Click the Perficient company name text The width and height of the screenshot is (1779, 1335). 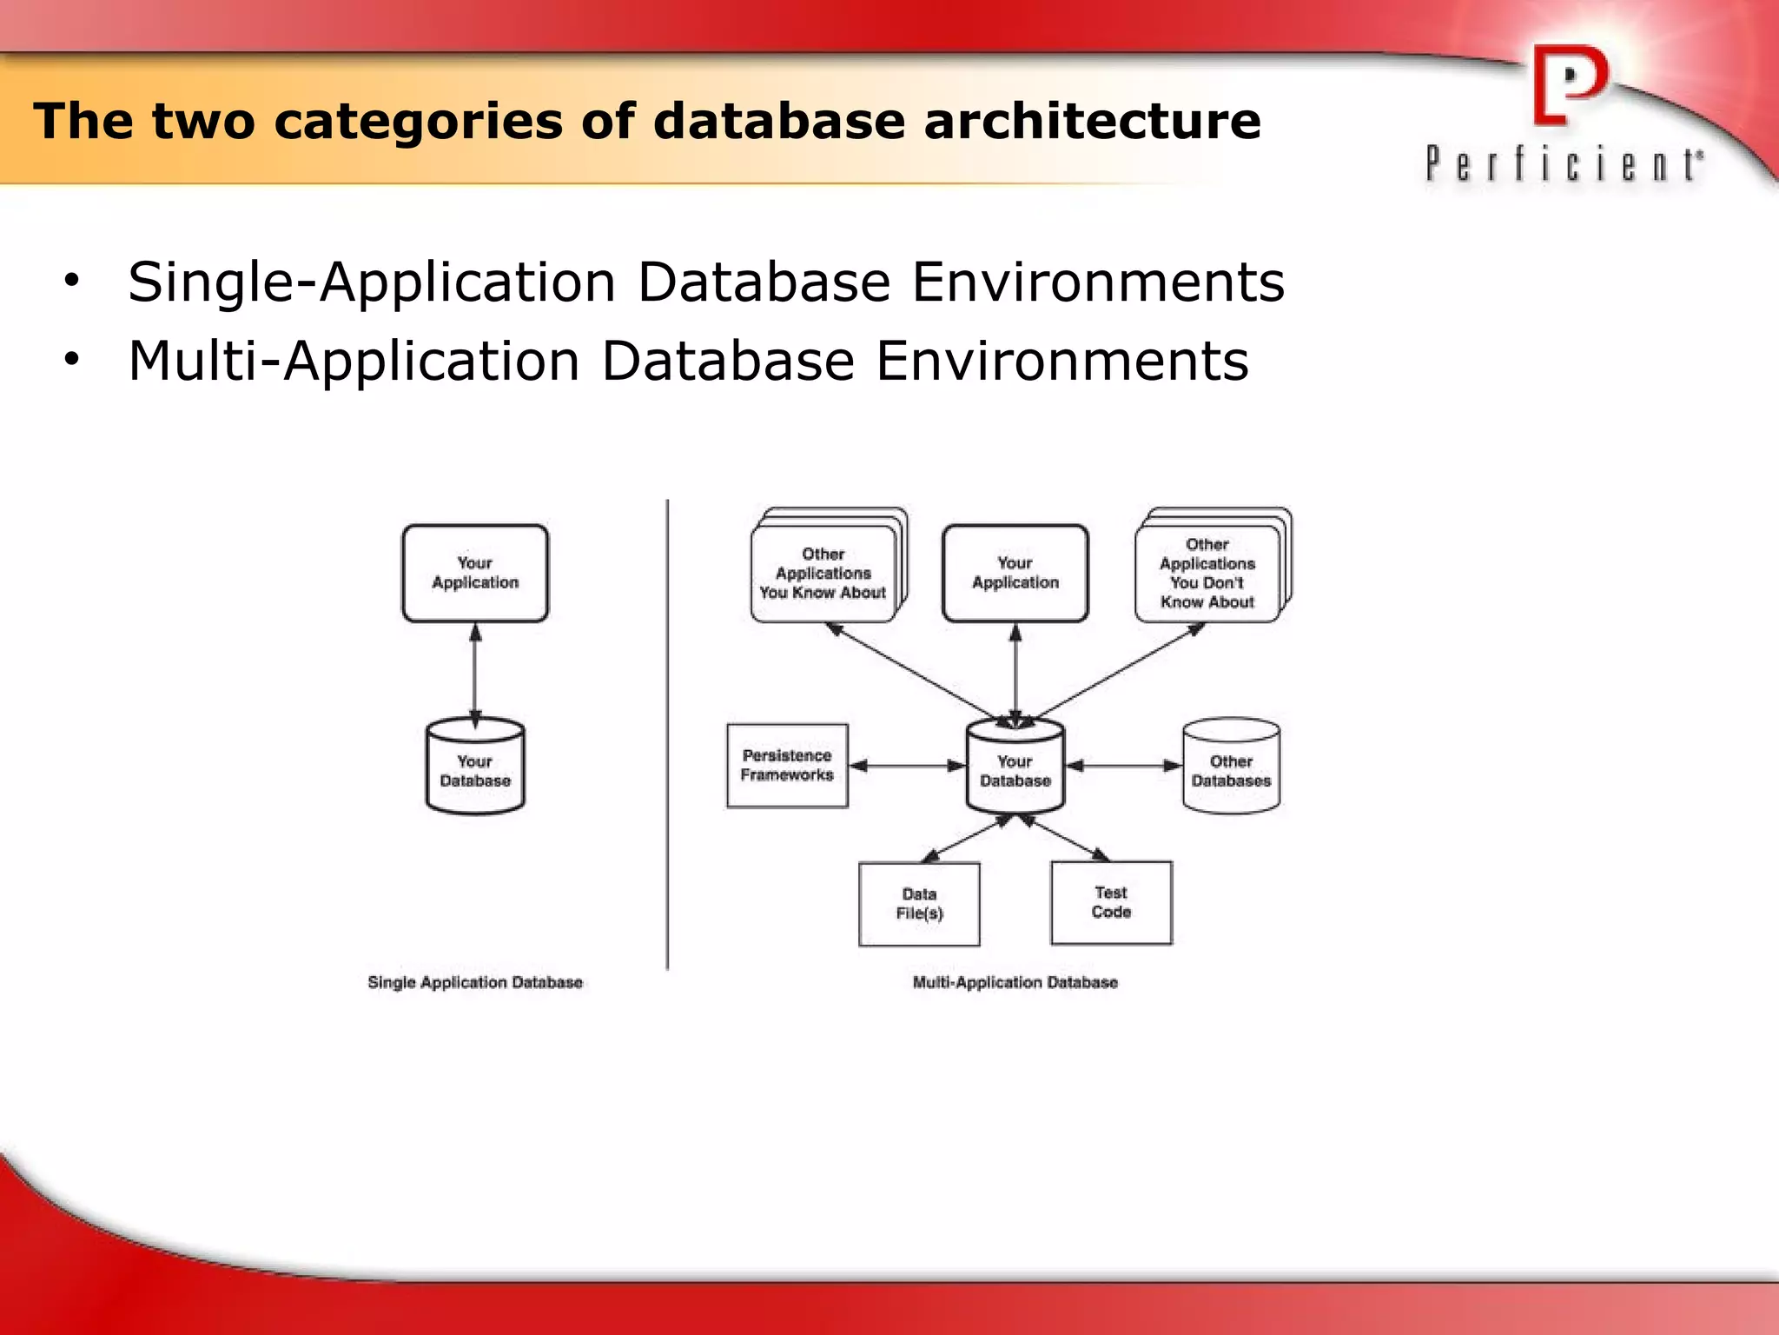click(x=1564, y=164)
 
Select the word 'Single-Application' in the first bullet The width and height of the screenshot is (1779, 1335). click(x=372, y=282)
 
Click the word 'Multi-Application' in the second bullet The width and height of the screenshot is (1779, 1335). click(x=354, y=361)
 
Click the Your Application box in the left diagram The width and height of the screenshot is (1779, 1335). click(x=475, y=573)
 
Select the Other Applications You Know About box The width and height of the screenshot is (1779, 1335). click(x=823, y=574)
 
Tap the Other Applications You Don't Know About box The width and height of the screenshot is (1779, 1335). click(x=1207, y=574)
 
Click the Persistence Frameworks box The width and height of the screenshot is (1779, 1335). click(x=787, y=766)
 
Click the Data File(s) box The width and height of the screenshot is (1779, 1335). click(x=919, y=904)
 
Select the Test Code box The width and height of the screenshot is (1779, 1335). click(x=1111, y=902)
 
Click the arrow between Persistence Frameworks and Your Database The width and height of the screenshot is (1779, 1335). click(x=907, y=766)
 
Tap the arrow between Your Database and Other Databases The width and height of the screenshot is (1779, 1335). click(x=1123, y=766)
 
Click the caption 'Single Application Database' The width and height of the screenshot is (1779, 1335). click(x=475, y=982)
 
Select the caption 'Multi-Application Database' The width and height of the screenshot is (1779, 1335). click(x=1015, y=982)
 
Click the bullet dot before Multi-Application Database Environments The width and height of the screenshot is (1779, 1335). click(x=71, y=359)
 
